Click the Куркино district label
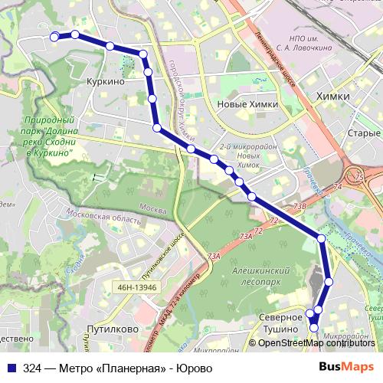point(106,80)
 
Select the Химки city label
point(332,97)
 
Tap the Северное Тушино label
point(277,323)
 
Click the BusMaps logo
point(346,368)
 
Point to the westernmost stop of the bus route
point(54,37)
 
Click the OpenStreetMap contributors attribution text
point(312,343)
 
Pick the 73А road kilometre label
point(214,257)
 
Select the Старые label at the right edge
point(365,133)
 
